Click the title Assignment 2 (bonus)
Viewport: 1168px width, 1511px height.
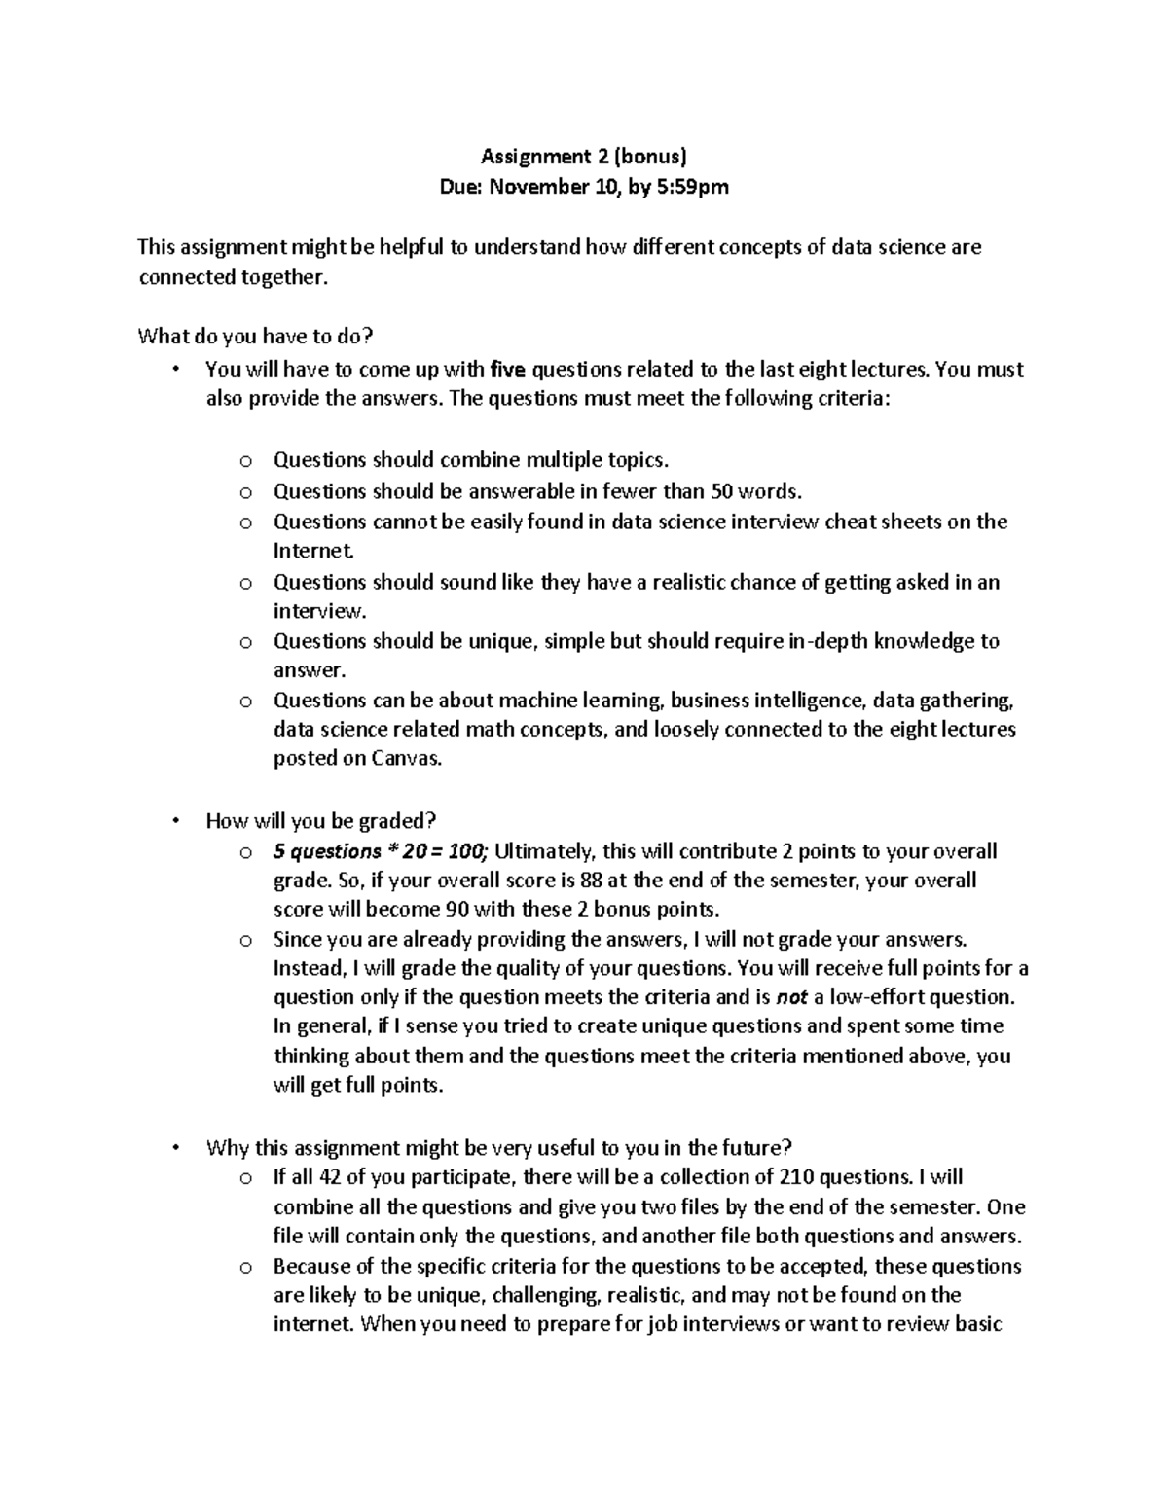click(x=585, y=156)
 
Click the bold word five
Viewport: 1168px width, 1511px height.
click(x=508, y=369)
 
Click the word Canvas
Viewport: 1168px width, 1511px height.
click(x=407, y=758)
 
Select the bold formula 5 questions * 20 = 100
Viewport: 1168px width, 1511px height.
click(x=383, y=851)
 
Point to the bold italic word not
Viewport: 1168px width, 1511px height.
click(x=791, y=997)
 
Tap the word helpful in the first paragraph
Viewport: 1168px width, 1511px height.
click(x=411, y=247)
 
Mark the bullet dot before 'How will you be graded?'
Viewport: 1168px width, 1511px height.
click(x=175, y=822)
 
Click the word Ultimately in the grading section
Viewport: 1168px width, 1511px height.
click(x=546, y=851)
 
